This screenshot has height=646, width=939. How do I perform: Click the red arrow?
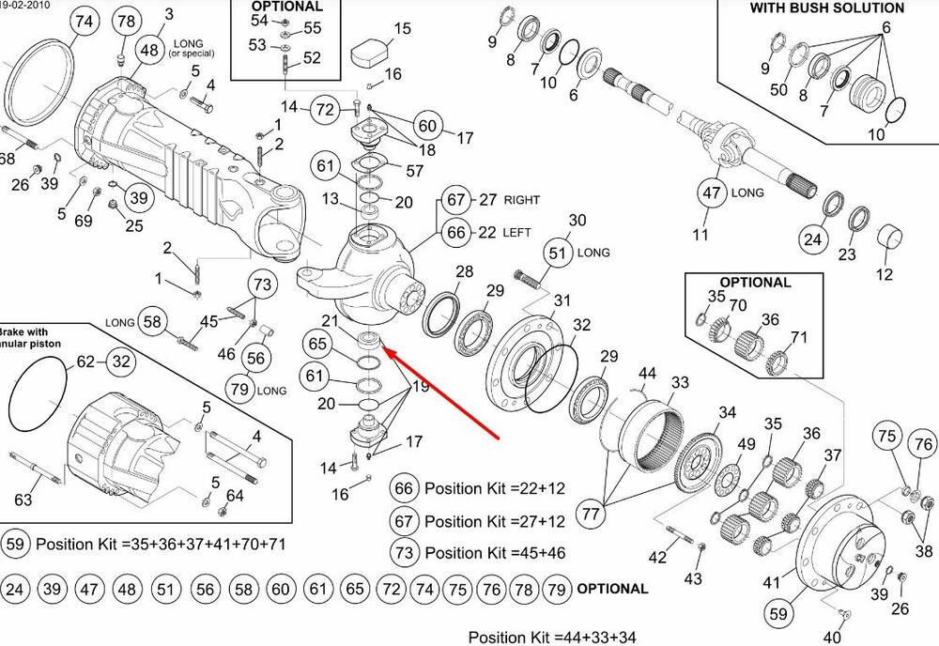tap(441, 389)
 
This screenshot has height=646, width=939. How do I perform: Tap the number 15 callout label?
tap(402, 29)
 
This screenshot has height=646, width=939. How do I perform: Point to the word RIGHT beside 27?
tap(522, 200)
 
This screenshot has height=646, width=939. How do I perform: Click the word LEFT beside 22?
tap(517, 232)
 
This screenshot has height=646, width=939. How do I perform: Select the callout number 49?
tap(747, 444)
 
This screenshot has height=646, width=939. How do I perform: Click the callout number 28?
tap(464, 272)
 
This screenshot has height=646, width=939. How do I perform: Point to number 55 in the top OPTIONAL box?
tap(312, 28)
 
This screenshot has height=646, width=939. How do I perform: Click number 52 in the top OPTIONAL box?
tap(312, 58)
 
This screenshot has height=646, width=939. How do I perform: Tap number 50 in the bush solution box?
tap(778, 90)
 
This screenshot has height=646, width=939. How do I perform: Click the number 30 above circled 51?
tap(577, 221)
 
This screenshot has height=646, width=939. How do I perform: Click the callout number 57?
tap(414, 170)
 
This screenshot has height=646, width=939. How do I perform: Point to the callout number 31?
tap(562, 300)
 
